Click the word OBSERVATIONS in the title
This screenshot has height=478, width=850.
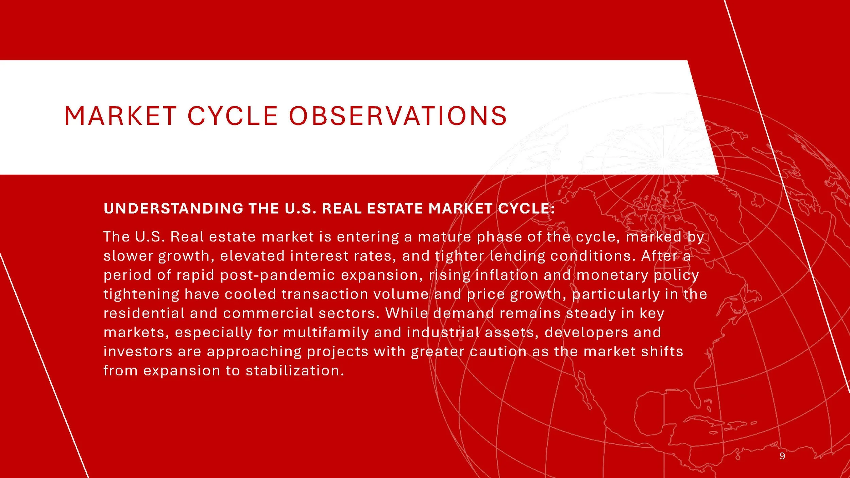click(398, 116)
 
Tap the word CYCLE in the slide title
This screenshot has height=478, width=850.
click(233, 116)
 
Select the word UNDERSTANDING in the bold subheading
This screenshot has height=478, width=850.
click(173, 208)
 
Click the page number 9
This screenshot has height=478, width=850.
click(782, 456)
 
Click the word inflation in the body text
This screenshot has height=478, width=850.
click(507, 275)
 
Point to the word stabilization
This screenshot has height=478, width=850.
click(295, 371)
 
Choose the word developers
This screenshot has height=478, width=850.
click(586, 332)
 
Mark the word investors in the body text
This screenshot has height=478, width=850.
click(138, 352)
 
